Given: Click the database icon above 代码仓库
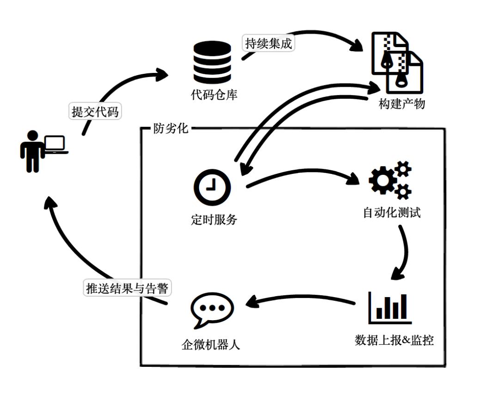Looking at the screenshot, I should [212, 62].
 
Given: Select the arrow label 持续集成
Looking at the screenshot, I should [268, 44].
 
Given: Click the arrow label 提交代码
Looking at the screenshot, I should [95, 111].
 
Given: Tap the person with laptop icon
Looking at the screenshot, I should [43, 150].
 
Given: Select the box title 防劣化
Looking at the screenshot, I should [170, 128].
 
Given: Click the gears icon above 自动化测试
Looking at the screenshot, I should [390, 179].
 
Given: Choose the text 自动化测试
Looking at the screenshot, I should [392, 214].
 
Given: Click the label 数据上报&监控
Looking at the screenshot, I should [394, 341].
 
